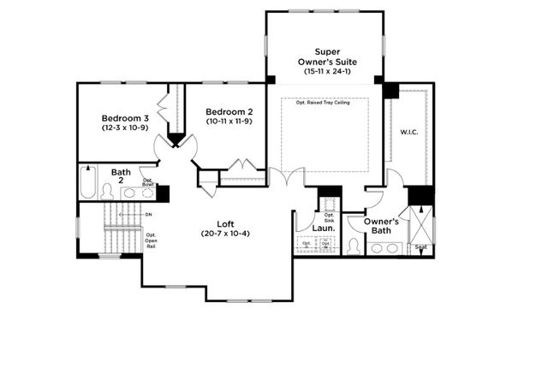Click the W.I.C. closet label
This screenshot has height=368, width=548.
[408, 133]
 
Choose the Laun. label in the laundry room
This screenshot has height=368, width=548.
[323, 229]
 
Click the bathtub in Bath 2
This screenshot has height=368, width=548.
[88, 182]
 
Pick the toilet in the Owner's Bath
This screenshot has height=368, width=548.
[353, 246]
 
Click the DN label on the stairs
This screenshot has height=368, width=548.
[148, 214]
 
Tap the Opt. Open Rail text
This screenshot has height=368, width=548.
[150, 241]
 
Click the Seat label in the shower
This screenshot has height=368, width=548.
[420, 248]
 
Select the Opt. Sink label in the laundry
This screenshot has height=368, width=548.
[329, 217]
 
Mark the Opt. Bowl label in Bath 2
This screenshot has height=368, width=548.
[148, 181]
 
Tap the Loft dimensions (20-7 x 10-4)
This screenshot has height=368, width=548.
[215, 234]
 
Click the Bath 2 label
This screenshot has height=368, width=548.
[120, 175]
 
